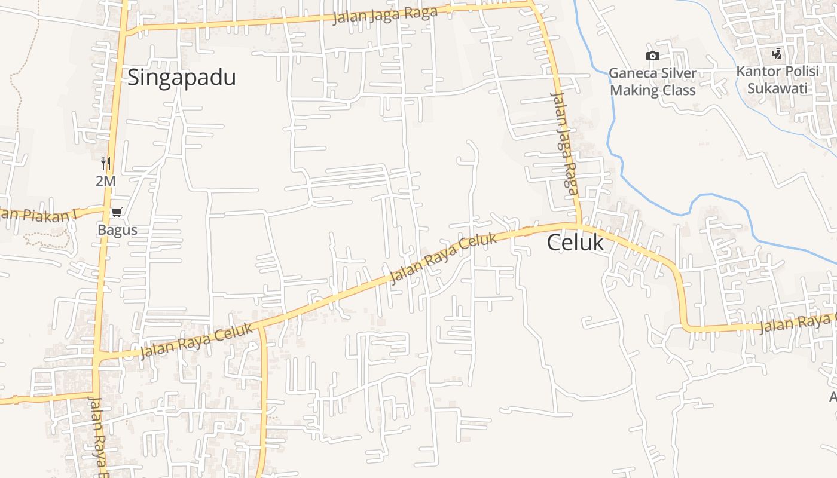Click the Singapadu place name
(x=182, y=78)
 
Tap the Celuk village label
(x=575, y=243)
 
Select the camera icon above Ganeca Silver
(x=652, y=56)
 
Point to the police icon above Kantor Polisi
(x=777, y=54)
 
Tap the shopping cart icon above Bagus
(x=117, y=213)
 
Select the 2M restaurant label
(x=106, y=181)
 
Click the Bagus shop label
(x=117, y=230)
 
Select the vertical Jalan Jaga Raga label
(x=565, y=143)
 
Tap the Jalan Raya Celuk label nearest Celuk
(x=443, y=259)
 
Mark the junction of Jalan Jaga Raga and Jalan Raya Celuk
(x=579, y=225)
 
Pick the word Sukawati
(x=777, y=88)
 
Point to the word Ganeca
(x=630, y=73)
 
